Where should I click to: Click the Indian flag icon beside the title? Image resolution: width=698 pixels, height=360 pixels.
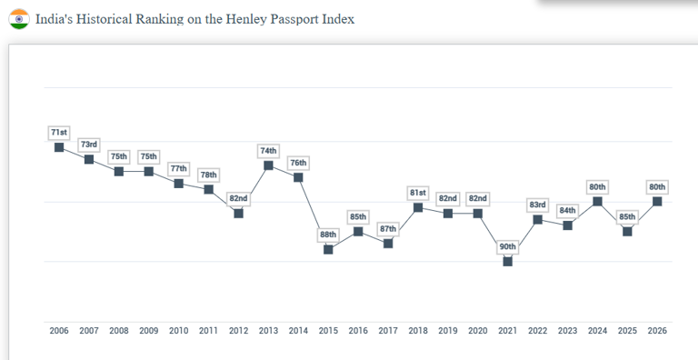19,18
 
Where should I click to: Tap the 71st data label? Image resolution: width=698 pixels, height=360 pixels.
59,133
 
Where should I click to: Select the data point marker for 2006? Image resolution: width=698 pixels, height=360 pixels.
59,147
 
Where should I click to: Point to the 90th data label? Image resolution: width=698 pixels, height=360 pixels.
507,246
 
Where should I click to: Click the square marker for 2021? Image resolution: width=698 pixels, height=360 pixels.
507,261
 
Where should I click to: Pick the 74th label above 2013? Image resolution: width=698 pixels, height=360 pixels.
268,151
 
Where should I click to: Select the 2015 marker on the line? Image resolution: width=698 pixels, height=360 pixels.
328,249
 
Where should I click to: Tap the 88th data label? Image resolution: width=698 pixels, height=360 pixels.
328,235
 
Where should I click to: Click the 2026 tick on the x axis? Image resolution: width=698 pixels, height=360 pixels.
657,331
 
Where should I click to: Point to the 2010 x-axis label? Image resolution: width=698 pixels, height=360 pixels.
179,331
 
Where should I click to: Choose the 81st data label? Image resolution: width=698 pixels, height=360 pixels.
418,193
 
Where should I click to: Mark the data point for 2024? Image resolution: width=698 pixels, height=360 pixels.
597,201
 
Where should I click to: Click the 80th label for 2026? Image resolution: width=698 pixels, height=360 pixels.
657,187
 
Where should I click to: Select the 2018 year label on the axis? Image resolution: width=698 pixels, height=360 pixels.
418,331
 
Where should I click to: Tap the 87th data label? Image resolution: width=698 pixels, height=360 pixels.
388,229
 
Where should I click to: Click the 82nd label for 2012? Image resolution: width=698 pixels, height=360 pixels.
238,198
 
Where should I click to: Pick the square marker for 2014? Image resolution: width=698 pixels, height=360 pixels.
298,177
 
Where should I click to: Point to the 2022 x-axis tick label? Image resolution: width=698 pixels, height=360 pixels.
537,331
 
